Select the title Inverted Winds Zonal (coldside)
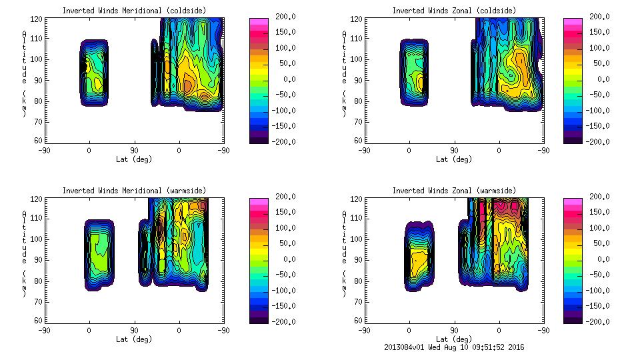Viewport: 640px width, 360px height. point(453,11)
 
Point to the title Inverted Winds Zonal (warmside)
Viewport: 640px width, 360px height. point(453,191)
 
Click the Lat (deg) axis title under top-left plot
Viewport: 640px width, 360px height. point(133,159)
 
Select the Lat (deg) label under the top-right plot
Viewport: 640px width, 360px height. point(453,159)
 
